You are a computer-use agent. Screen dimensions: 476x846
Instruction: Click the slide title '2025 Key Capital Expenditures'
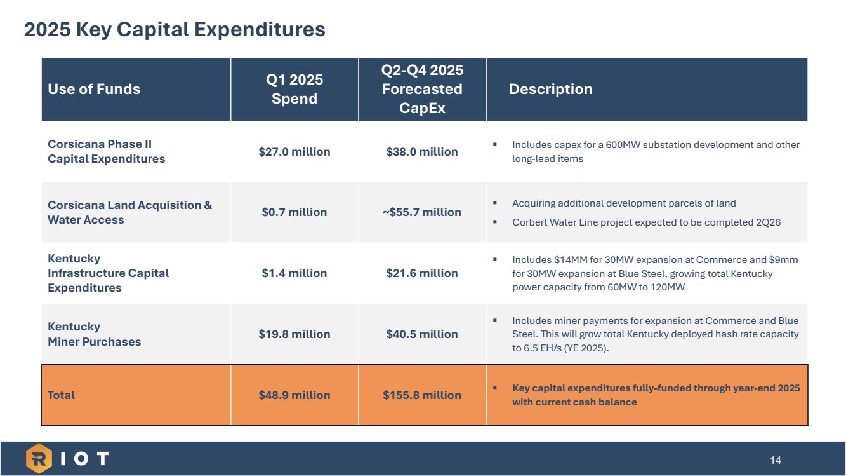pyautogui.click(x=175, y=29)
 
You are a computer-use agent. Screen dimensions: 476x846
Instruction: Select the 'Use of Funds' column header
pyautogui.click(x=94, y=89)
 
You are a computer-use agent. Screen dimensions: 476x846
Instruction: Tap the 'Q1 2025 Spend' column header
pyautogui.click(x=294, y=89)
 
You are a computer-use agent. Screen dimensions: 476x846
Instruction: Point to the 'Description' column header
pyautogui.click(x=550, y=89)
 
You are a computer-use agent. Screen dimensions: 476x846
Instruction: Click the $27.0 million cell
pyautogui.click(x=294, y=152)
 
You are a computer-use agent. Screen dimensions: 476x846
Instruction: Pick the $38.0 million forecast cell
pyautogui.click(x=422, y=152)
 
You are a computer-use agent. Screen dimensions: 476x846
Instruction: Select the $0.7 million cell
pyautogui.click(x=294, y=212)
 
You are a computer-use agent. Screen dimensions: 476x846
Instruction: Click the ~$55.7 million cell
pyautogui.click(x=422, y=212)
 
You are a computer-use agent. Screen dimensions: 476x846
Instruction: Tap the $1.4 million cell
pyautogui.click(x=294, y=273)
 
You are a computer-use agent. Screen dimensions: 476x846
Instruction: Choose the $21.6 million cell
pyautogui.click(x=422, y=273)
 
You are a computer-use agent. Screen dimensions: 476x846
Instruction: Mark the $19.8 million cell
pyautogui.click(x=294, y=334)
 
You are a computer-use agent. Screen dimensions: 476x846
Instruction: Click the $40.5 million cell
pyautogui.click(x=422, y=334)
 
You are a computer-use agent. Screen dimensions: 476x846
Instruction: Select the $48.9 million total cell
pyautogui.click(x=294, y=395)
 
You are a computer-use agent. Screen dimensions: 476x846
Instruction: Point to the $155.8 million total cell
pyautogui.click(x=422, y=395)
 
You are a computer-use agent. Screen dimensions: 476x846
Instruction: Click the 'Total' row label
pyautogui.click(x=62, y=395)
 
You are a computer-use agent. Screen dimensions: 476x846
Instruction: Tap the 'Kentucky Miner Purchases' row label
pyautogui.click(x=95, y=334)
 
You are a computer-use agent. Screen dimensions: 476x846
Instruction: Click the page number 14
pyautogui.click(x=775, y=460)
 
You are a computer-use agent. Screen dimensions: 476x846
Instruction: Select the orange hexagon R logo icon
pyautogui.click(x=39, y=459)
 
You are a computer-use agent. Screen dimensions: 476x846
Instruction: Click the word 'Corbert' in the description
pyautogui.click(x=528, y=223)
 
